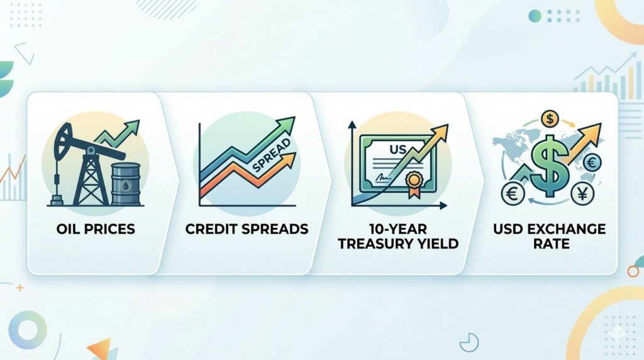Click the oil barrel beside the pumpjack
click(x=126, y=184)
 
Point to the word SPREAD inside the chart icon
click(x=271, y=155)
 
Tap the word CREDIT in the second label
click(x=207, y=229)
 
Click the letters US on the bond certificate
click(x=397, y=150)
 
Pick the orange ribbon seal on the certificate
click(x=414, y=184)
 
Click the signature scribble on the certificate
click(x=383, y=177)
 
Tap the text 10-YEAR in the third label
click(x=397, y=228)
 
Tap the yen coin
click(x=582, y=194)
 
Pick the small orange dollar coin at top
click(x=550, y=119)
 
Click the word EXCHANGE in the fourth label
click(x=567, y=228)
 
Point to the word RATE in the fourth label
click(x=551, y=244)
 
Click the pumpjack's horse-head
click(x=62, y=139)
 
